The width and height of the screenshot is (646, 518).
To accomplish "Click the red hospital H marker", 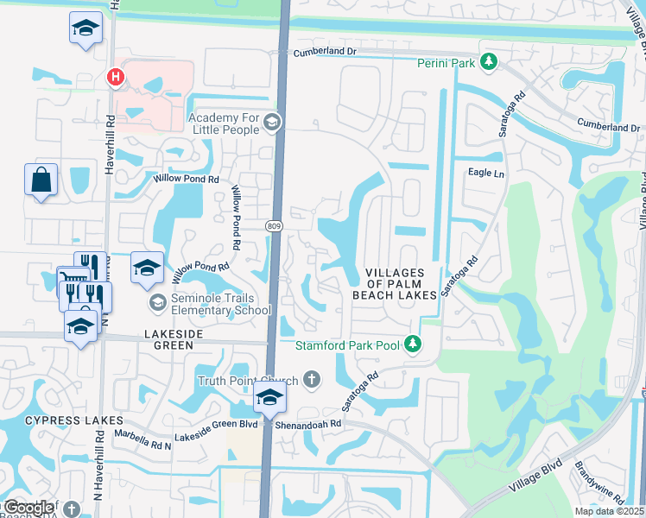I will (x=113, y=79).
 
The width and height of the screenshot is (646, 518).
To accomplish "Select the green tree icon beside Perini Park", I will (x=490, y=61).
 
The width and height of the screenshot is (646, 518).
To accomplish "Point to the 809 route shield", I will (x=274, y=225).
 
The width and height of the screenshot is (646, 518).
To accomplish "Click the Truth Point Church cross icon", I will (x=310, y=380).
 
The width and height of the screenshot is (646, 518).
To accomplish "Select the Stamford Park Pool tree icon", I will (x=414, y=344).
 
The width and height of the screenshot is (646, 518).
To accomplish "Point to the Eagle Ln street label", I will (x=484, y=173).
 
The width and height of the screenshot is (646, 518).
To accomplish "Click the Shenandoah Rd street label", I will (x=310, y=424).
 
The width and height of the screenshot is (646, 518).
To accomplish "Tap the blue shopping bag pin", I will (x=41, y=180).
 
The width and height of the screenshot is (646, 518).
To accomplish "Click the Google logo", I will (x=28, y=507).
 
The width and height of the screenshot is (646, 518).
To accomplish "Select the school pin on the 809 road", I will (x=269, y=398).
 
